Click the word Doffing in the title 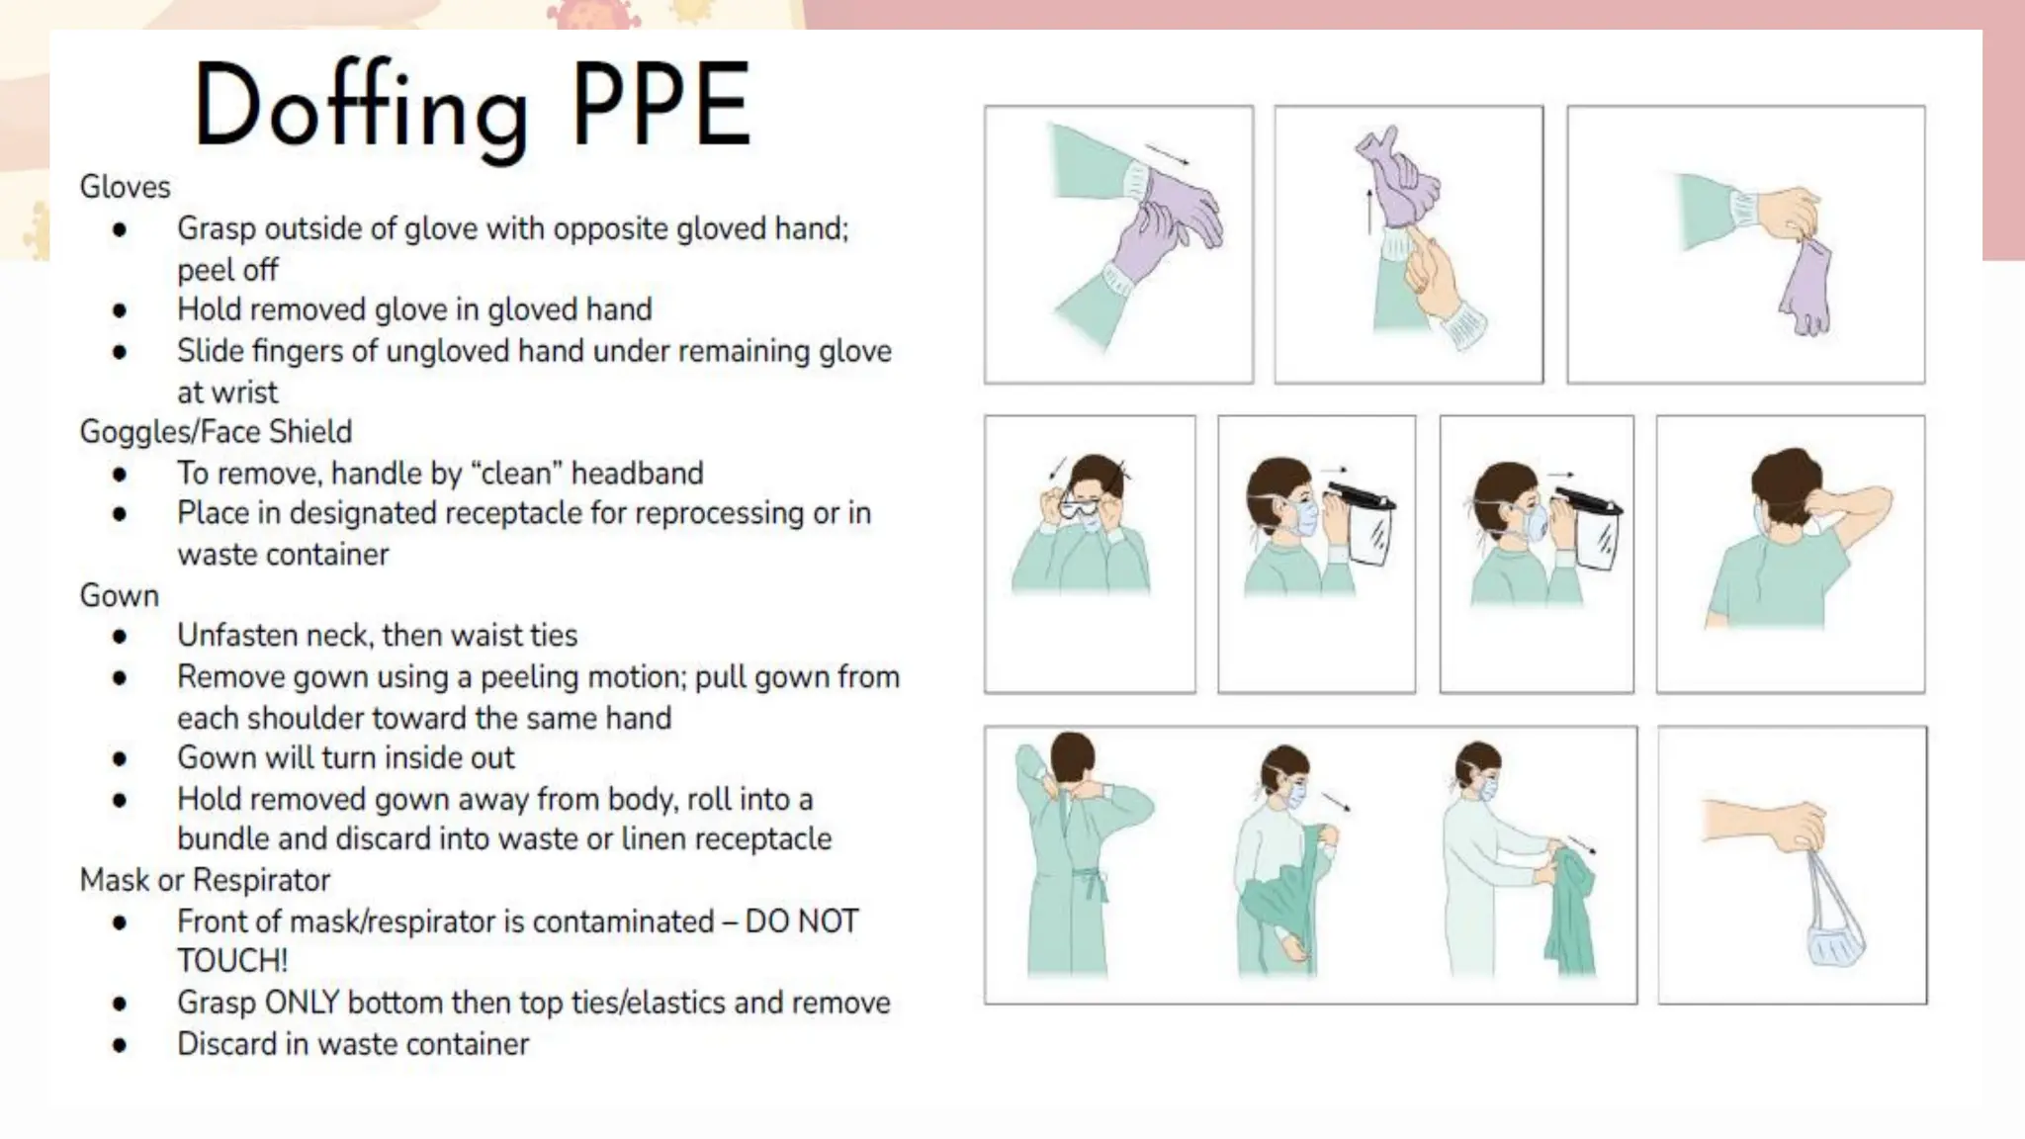click(360, 107)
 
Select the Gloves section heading click(125, 187)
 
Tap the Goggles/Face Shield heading click(216, 432)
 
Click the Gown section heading click(119, 596)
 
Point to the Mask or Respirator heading click(205, 880)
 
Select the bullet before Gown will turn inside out click(120, 759)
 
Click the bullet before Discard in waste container click(120, 1045)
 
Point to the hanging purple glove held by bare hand click(1805, 287)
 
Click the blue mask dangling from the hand click(1835, 939)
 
